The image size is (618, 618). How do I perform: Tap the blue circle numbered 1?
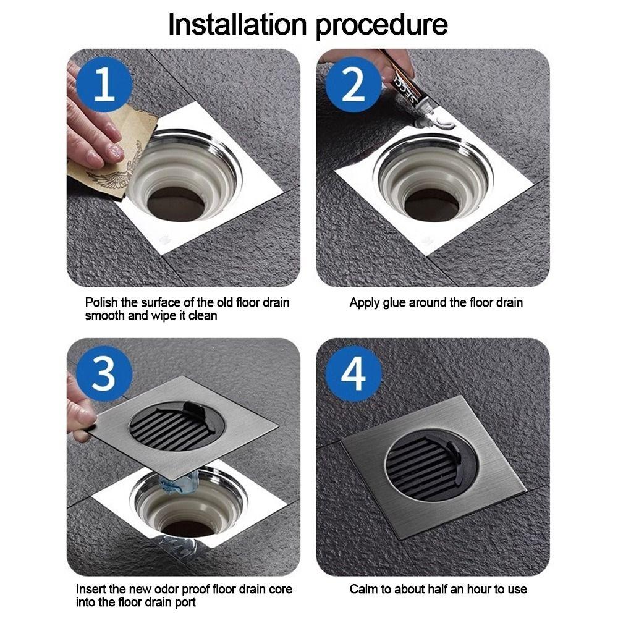[104, 84]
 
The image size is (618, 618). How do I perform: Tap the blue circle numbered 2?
[353, 84]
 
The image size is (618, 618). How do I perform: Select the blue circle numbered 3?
[104, 373]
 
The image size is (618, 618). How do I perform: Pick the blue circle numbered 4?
[353, 373]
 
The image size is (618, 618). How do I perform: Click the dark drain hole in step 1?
[176, 204]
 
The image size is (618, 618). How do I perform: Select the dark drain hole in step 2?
[433, 205]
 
